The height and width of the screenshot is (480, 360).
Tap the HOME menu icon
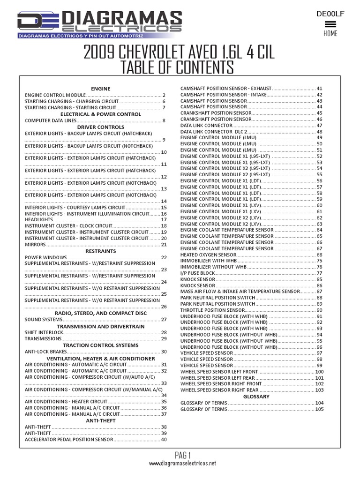330,24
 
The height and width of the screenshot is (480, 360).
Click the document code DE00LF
330,14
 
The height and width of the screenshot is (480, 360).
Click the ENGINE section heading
100,89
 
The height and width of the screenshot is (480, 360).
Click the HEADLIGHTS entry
39,219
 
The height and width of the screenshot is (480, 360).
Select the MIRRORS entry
35,245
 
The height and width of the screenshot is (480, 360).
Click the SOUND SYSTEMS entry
43,320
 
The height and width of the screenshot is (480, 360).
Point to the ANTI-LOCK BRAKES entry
45,352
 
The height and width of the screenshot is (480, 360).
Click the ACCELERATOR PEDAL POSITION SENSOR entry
68,440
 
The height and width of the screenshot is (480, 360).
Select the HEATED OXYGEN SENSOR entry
208,255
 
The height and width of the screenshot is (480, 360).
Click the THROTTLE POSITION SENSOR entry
212,310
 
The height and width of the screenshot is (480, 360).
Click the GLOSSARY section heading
257,397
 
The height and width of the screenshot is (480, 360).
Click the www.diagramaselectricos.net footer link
182,463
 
